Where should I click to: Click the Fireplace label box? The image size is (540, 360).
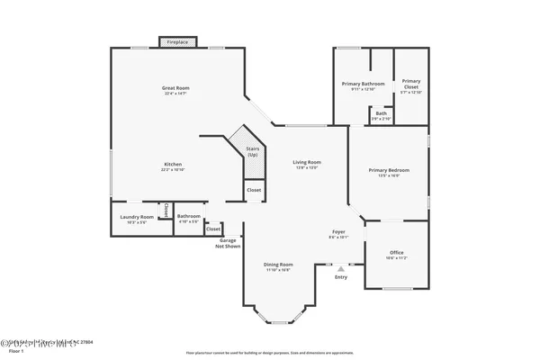[x=175, y=41]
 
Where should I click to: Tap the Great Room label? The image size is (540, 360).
[x=175, y=89]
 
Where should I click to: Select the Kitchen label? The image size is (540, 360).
[x=173, y=166]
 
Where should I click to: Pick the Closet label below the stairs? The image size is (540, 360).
[x=254, y=190]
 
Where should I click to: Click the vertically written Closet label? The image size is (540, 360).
[x=166, y=211]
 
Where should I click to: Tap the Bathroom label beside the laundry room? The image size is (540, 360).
[x=189, y=217]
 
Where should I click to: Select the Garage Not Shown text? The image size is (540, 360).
[x=228, y=243]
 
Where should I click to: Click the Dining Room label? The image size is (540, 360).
[x=277, y=266]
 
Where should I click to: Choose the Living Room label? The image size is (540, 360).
[x=307, y=165]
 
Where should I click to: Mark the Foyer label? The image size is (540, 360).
[x=339, y=236]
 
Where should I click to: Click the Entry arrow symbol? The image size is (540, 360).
[x=340, y=267]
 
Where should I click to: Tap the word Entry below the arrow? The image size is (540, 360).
[x=340, y=277]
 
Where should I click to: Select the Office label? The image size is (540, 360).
[x=397, y=255]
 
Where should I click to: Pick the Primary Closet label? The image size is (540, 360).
[x=410, y=84]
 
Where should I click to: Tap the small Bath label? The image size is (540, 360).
[x=382, y=115]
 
